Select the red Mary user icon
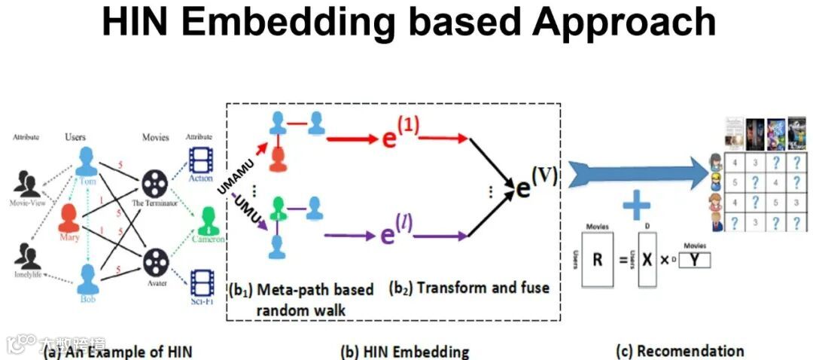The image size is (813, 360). point(70,218)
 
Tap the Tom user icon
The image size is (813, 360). point(90,162)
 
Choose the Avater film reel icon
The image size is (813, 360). point(154,261)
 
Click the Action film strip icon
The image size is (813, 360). point(202,162)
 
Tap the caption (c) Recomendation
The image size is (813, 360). point(679,350)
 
